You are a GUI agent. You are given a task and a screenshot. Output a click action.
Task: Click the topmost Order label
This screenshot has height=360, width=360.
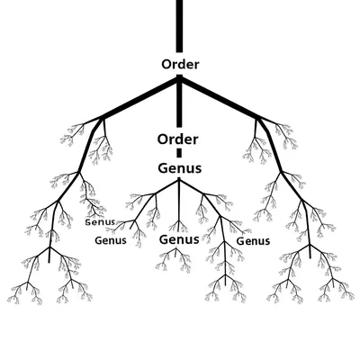point(179,65)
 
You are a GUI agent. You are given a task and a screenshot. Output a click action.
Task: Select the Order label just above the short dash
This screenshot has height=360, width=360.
point(178,139)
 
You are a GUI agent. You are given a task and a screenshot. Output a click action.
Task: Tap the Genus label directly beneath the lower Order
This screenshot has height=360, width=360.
point(179,168)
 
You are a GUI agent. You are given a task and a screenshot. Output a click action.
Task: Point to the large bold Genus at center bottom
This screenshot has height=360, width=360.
point(179,240)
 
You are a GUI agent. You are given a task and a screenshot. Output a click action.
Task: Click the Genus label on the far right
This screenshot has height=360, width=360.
point(253,240)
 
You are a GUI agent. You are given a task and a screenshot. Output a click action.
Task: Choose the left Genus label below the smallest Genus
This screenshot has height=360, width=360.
point(110,240)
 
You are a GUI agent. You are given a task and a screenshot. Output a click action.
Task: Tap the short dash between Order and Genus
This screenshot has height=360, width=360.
point(178,154)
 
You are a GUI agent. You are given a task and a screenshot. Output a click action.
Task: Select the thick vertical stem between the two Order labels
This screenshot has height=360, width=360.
point(179,103)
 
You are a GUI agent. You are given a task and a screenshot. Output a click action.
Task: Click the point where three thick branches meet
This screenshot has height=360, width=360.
point(179,79)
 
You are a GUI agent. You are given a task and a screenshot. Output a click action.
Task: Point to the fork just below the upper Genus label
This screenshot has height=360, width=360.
point(179,181)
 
